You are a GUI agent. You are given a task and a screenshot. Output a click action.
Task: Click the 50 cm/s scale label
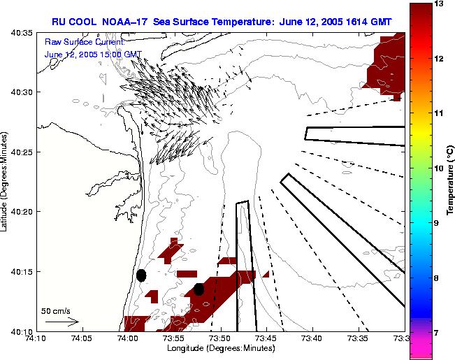tap(55, 310)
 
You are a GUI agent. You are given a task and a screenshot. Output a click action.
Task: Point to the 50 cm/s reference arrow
tap(62, 322)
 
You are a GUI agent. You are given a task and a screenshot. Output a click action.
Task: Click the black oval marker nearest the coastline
tap(141, 275)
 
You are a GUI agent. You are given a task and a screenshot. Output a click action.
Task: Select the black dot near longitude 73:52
tap(198, 289)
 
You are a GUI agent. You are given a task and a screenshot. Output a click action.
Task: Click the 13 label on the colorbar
tap(440, 4)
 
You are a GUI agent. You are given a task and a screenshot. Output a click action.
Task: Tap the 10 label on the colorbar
tap(440, 168)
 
